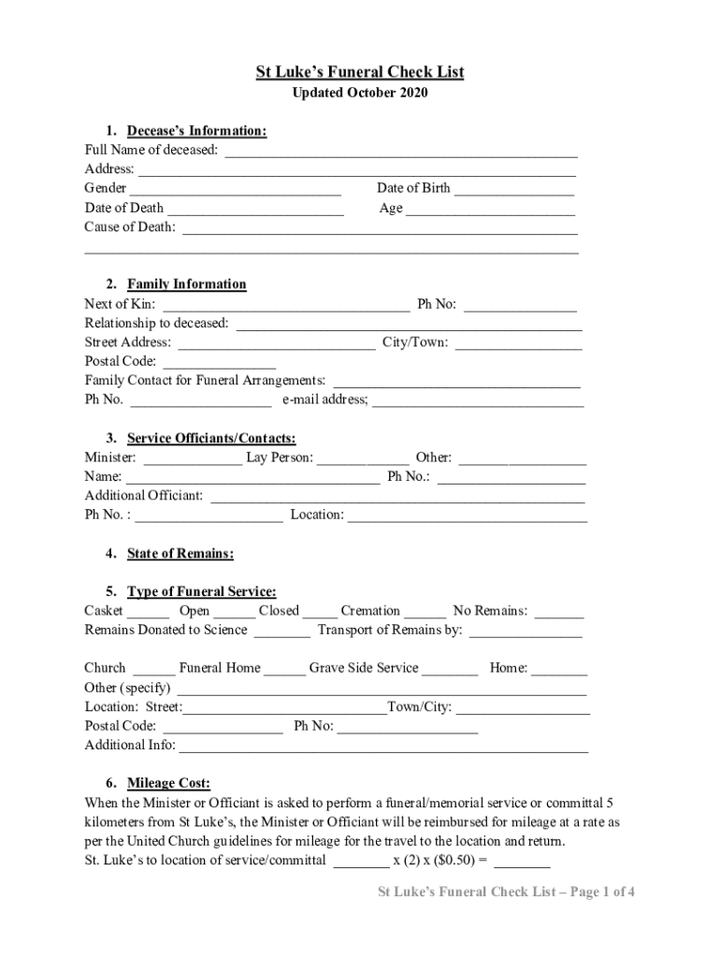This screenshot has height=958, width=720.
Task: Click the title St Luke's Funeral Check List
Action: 360,72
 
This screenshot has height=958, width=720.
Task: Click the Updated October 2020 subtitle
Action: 360,94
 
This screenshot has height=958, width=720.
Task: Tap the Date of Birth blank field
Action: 514,190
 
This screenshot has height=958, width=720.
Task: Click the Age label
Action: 391,208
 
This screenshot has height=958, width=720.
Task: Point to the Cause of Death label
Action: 130,226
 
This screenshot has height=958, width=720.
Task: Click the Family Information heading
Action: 186,284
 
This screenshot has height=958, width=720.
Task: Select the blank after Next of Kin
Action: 285,306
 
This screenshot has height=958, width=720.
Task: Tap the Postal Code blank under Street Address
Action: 219,363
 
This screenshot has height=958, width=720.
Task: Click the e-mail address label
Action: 325,399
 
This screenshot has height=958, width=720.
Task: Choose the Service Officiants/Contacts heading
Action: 211,438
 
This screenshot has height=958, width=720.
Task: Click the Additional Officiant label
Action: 144,495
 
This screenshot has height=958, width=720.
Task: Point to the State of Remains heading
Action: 180,554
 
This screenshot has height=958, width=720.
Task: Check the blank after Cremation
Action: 425,613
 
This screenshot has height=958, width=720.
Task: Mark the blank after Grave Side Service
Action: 450,670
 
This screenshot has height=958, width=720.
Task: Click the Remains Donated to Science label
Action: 166,630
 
